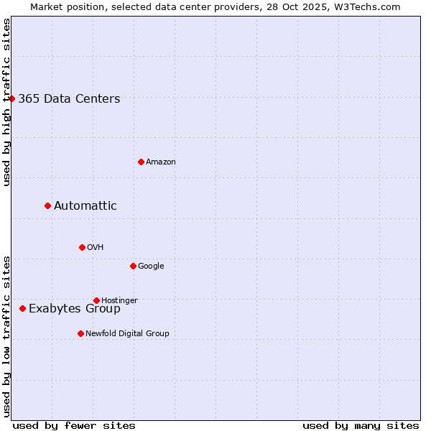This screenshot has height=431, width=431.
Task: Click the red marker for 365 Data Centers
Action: pos(12,98)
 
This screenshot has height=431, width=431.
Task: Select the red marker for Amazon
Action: pos(141,162)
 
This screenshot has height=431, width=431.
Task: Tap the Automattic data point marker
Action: pos(48,205)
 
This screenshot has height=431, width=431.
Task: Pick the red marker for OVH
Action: pos(82,247)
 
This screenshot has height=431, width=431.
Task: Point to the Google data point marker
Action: pos(133,266)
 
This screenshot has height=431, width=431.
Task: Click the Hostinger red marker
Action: pos(96,300)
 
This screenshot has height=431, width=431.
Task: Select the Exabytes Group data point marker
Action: pos(23,308)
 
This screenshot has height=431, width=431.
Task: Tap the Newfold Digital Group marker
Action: pos(80,333)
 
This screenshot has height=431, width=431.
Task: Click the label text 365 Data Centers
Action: pos(69,99)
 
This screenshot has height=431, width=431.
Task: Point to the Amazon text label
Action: pos(161,162)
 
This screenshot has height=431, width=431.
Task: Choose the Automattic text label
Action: pos(85,206)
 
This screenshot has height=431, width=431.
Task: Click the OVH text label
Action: pos(96,248)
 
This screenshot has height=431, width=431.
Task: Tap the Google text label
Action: pos(151,267)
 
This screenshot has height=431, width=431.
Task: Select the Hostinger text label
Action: pos(119,300)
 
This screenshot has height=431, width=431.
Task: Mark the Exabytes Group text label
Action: pos(75,309)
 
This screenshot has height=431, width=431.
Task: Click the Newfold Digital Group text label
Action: pos(127,333)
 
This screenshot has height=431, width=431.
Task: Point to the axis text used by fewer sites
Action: pos(74,425)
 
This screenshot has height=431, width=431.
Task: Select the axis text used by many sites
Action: pos(361,425)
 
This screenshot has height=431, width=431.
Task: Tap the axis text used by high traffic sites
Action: pos(7,101)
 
